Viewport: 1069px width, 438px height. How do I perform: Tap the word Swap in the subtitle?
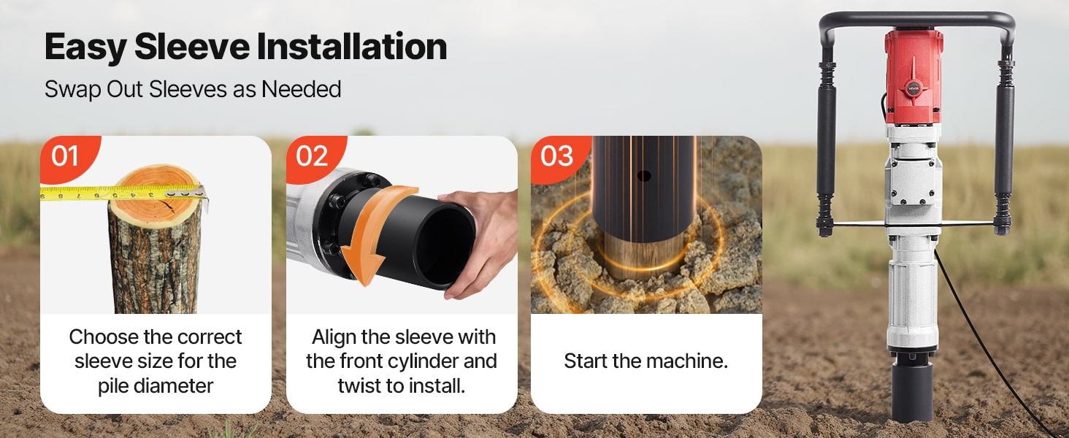click(72, 90)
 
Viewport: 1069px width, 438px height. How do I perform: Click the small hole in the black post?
click(644, 176)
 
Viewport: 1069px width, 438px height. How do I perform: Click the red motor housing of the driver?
click(913, 77)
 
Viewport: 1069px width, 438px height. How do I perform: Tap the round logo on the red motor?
click(913, 88)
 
